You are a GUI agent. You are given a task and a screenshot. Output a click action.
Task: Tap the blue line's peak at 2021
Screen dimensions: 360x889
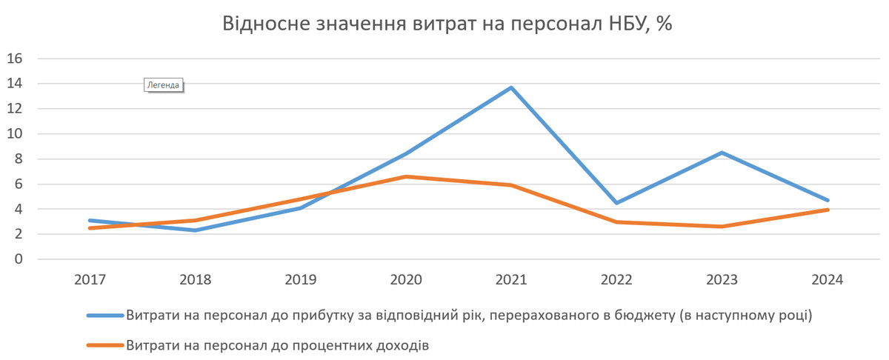(511, 88)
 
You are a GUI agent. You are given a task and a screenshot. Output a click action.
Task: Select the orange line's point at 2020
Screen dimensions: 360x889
(406, 176)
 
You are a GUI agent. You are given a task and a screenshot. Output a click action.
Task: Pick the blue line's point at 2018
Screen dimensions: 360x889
(195, 230)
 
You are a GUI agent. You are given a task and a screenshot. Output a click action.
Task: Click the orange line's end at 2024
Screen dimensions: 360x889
(828, 210)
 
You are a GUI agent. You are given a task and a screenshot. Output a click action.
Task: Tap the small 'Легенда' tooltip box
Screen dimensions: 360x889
(163, 84)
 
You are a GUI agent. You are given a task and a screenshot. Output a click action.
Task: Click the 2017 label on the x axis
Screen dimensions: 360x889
(90, 281)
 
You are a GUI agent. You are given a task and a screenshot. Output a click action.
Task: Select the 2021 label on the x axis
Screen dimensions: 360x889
(511, 281)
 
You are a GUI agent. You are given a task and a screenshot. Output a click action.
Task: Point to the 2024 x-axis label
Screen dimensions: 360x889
(828, 281)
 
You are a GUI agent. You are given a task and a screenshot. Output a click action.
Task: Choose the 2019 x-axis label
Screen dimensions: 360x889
(301, 281)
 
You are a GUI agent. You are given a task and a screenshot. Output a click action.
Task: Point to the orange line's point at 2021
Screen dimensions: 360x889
(511, 185)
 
